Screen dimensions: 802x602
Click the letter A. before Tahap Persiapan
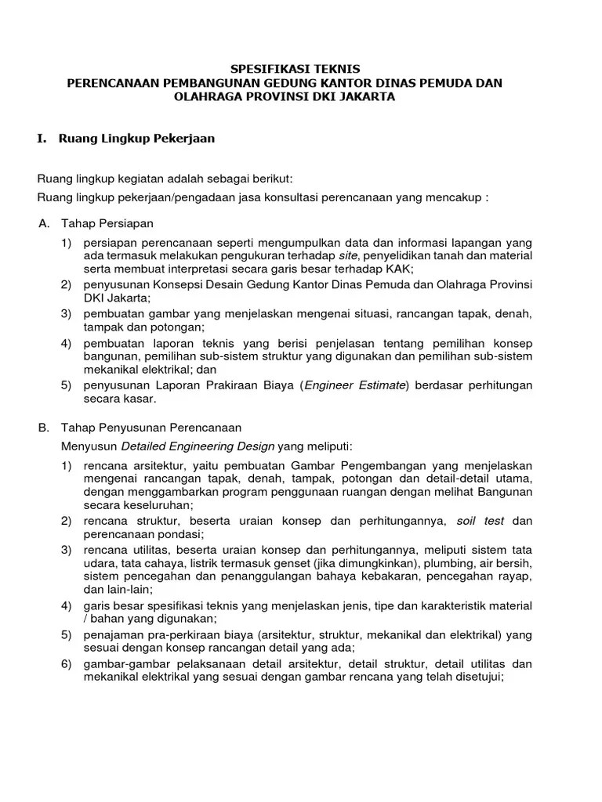44,224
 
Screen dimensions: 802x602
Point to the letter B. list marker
44,428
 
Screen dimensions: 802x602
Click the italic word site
348,255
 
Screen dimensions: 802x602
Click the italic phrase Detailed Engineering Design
198,446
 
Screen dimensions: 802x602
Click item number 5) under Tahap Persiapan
67,385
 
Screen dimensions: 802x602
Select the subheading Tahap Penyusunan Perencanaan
151,428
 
